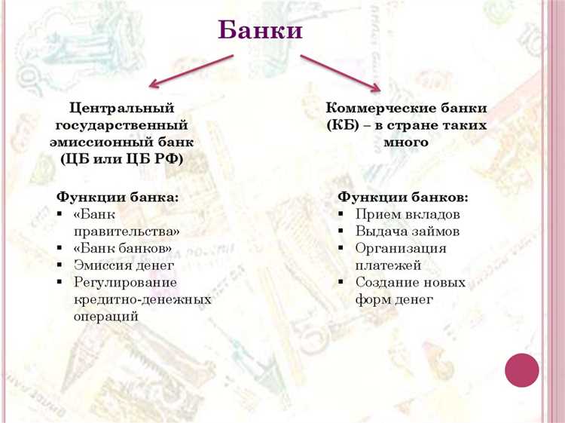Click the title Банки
click(x=260, y=29)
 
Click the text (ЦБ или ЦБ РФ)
click(x=122, y=158)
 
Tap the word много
click(x=407, y=141)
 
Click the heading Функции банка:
click(x=118, y=197)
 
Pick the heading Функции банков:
click(x=403, y=197)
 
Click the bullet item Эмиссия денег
click(x=124, y=265)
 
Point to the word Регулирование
click(x=125, y=282)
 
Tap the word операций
click(x=106, y=316)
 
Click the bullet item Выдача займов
click(x=408, y=231)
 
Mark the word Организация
click(x=401, y=248)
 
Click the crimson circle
click(x=521, y=370)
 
